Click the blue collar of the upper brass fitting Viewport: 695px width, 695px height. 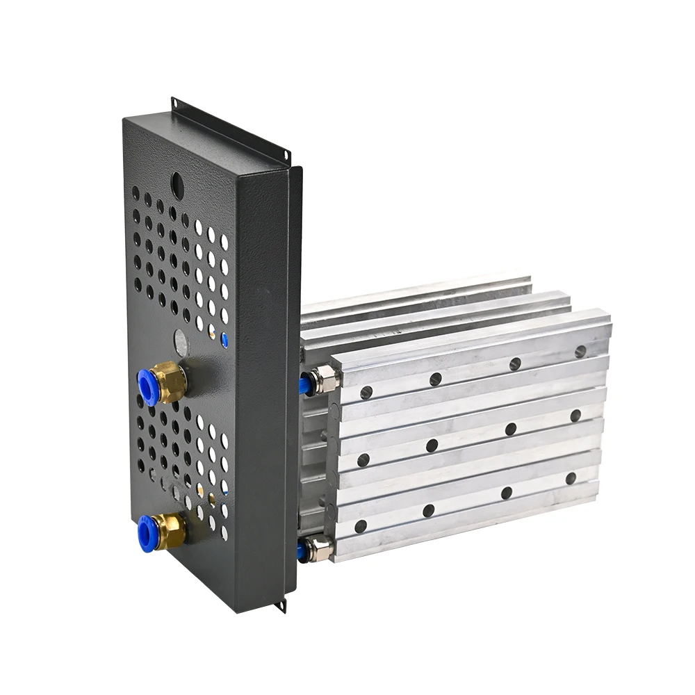(147, 387)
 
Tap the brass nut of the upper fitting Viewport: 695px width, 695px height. (171, 382)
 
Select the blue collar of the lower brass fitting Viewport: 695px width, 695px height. (147, 533)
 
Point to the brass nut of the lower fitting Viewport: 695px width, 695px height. (170, 531)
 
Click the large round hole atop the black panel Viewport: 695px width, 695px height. (177, 183)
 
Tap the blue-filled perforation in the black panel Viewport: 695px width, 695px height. (224, 341)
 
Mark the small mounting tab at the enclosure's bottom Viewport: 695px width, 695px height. (281, 605)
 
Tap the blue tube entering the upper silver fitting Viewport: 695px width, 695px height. (304, 384)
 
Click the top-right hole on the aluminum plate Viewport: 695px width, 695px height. (580, 352)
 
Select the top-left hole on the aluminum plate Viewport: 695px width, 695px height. (366, 393)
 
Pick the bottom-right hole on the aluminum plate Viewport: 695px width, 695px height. (571, 478)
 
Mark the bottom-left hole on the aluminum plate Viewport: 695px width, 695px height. (361, 526)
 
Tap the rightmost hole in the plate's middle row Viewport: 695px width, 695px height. (575, 416)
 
